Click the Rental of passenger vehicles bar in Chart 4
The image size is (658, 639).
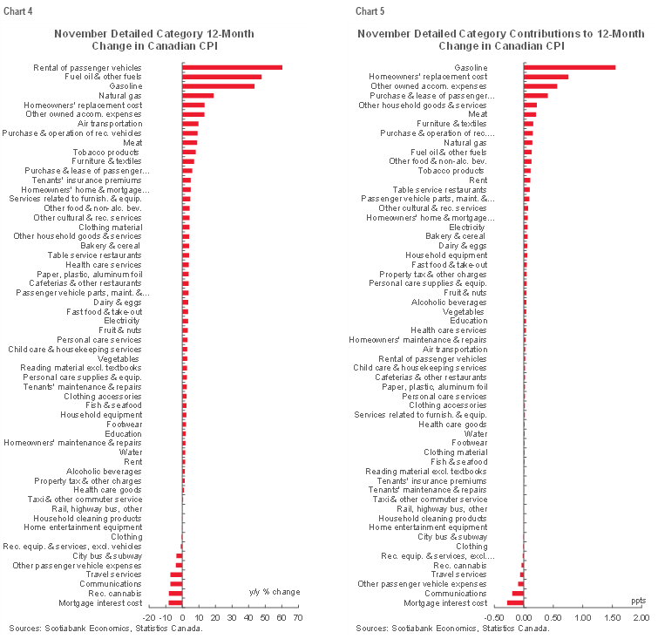[232, 67]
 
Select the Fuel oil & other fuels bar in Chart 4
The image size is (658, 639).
[221, 77]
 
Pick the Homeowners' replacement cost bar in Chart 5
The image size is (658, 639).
[546, 77]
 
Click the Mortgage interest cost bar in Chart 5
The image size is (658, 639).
[515, 602]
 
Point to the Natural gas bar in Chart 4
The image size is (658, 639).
[198, 96]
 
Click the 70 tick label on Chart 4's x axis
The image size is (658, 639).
[297, 618]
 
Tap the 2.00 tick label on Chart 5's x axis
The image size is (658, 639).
[641, 618]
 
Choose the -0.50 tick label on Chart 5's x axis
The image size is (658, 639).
[495, 618]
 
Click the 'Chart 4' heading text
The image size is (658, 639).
[16, 10]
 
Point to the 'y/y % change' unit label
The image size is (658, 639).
[274, 592]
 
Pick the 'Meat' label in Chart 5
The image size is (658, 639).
[478, 114]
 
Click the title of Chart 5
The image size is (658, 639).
[501, 39]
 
